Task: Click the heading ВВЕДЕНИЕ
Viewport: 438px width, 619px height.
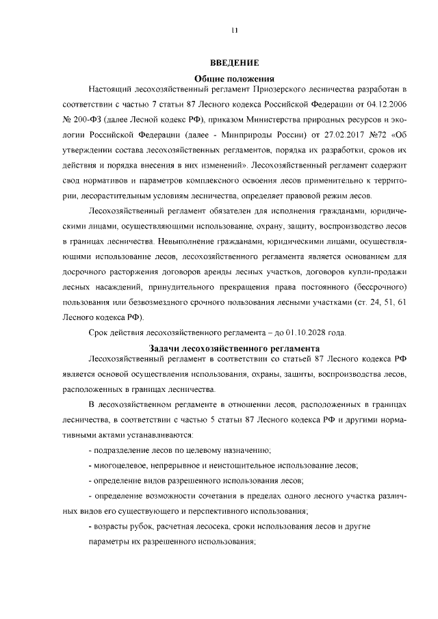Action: coord(234,63)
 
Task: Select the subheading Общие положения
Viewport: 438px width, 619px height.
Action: coord(234,78)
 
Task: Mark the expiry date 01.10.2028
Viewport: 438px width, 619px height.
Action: coord(306,333)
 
